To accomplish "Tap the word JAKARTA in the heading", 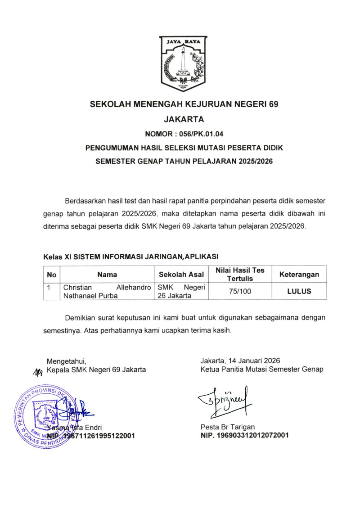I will click(x=184, y=119).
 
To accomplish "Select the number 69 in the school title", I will click(x=273, y=104).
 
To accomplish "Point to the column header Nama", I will click(x=107, y=275).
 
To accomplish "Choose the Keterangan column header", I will click(x=299, y=275).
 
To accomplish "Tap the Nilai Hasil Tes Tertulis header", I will click(x=240, y=275).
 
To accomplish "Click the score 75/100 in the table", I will click(x=240, y=291).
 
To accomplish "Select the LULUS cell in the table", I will click(x=299, y=291).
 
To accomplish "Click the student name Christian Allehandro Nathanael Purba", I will click(x=107, y=291).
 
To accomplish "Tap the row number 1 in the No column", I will click(x=51, y=287).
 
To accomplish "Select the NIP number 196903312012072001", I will click(x=245, y=435).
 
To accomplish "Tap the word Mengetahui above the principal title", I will click(x=66, y=361).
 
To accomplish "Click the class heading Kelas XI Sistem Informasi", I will click(x=130, y=257).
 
